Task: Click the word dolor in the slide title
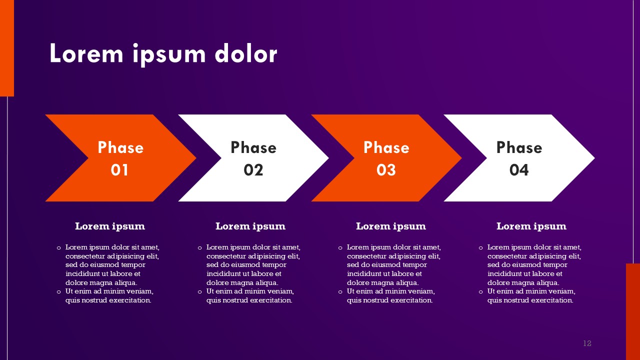pyautogui.click(x=246, y=53)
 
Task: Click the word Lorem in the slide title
pyautogui.click(x=86, y=53)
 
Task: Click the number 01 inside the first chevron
pyautogui.click(x=119, y=170)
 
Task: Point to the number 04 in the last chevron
pyautogui.click(x=519, y=170)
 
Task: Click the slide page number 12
pyautogui.click(x=587, y=343)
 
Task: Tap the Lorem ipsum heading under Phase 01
pyautogui.click(x=110, y=226)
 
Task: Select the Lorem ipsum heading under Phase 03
pyautogui.click(x=391, y=226)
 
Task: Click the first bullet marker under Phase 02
pyautogui.click(x=199, y=247)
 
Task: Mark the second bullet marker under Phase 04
pyautogui.click(x=480, y=291)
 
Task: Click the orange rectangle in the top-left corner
pyautogui.click(x=7, y=48)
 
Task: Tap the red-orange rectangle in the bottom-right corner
pyautogui.click(x=633, y=311)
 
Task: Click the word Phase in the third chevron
pyautogui.click(x=386, y=147)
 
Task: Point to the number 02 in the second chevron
pyautogui.click(x=253, y=170)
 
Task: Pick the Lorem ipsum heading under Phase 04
pyautogui.click(x=531, y=226)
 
